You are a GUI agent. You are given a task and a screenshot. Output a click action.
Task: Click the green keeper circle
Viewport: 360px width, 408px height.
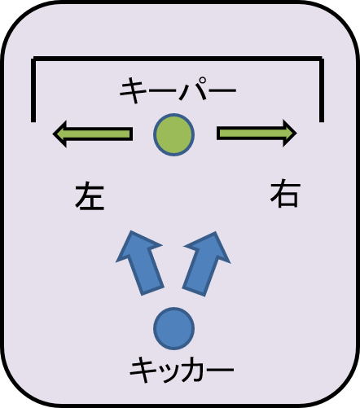(x=173, y=134)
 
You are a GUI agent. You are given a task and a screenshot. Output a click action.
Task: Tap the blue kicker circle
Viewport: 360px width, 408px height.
(x=173, y=328)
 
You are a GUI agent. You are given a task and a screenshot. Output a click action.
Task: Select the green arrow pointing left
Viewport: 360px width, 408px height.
(x=93, y=134)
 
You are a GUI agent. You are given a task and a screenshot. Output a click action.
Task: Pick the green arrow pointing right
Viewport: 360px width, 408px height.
(x=257, y=134)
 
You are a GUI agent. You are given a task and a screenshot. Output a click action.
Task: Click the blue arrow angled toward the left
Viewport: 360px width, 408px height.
(x=140, y=263)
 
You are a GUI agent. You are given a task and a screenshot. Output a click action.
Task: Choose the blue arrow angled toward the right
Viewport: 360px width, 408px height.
(x=207, y=263)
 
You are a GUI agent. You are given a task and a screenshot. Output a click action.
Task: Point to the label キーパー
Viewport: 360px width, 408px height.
(x=178, y=90)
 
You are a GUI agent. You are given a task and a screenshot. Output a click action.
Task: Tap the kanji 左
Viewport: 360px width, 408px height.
(x=90, y=196)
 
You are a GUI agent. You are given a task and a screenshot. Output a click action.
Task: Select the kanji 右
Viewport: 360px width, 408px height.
(x=285, y=193)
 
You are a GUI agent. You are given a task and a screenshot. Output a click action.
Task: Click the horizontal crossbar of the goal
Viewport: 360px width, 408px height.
(x=178, y=59)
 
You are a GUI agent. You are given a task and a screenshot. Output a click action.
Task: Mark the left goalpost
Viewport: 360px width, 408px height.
(x=33, y=90)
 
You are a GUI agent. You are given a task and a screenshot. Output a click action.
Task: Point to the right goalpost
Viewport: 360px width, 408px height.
(x=322, y=90)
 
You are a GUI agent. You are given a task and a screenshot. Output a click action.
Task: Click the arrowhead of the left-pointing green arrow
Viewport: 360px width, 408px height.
(x=59, y=134)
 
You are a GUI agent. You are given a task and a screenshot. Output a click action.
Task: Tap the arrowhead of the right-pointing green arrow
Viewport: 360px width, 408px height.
(x=290, y=134)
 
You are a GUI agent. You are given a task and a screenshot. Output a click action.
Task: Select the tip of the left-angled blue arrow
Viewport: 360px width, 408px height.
(x=131, y=231)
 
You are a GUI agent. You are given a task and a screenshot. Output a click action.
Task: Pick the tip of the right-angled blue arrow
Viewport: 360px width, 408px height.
(x=216, y=232)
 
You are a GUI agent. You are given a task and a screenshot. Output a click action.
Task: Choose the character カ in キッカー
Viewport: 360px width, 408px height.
(x=191, y=370)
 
